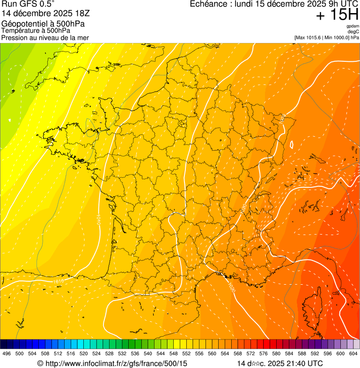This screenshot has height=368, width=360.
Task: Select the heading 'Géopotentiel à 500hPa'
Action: [39, 23]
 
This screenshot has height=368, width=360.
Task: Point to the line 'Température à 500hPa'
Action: [36, 30]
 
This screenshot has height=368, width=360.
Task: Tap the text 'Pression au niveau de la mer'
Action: [45, 37]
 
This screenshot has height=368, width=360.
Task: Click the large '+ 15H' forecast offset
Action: [337, 15]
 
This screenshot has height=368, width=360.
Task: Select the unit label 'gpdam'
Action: [353, 26]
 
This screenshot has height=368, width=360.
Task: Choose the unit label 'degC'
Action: [354, 32]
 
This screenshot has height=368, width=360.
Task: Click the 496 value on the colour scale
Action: [7, 354]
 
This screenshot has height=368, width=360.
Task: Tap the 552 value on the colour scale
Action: [186, 354]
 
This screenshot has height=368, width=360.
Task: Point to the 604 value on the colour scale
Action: [353, 354]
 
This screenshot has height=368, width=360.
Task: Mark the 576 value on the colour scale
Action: [263, 354]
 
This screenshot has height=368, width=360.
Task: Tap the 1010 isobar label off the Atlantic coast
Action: [99, 220]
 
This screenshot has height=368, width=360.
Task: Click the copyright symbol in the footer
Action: [40, 363]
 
